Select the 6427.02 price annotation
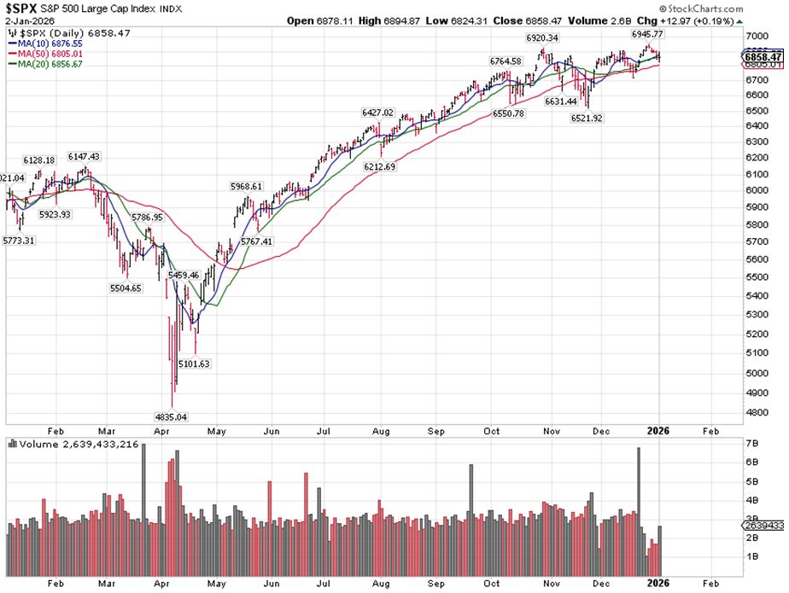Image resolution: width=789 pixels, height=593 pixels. (377, 113)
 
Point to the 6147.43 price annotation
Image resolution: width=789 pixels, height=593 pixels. (84, 156)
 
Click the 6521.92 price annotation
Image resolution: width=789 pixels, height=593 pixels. (587, 119)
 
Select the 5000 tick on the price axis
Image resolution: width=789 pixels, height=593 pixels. (757, 373)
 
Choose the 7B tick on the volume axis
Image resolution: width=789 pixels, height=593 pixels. (752, 445)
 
